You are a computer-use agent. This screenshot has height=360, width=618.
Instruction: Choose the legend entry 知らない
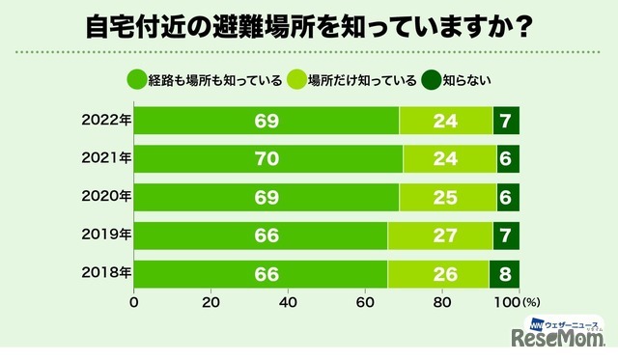pos(463,82)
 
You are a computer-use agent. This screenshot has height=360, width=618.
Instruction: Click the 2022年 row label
pos(105,121)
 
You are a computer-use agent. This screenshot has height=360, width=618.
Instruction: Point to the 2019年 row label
pos(105,235)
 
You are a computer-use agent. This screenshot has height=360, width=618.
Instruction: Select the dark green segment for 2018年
pos(504,274)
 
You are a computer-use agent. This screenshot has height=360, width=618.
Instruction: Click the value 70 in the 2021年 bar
pos(267,159)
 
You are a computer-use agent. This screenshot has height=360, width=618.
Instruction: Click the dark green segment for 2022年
pos(506,121)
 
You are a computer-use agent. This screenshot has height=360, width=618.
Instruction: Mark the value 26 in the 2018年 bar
pos(437,274)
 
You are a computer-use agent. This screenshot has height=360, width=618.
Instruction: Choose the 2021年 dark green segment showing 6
pos(508,159)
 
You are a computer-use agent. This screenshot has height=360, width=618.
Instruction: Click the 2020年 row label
pos(105,197)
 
